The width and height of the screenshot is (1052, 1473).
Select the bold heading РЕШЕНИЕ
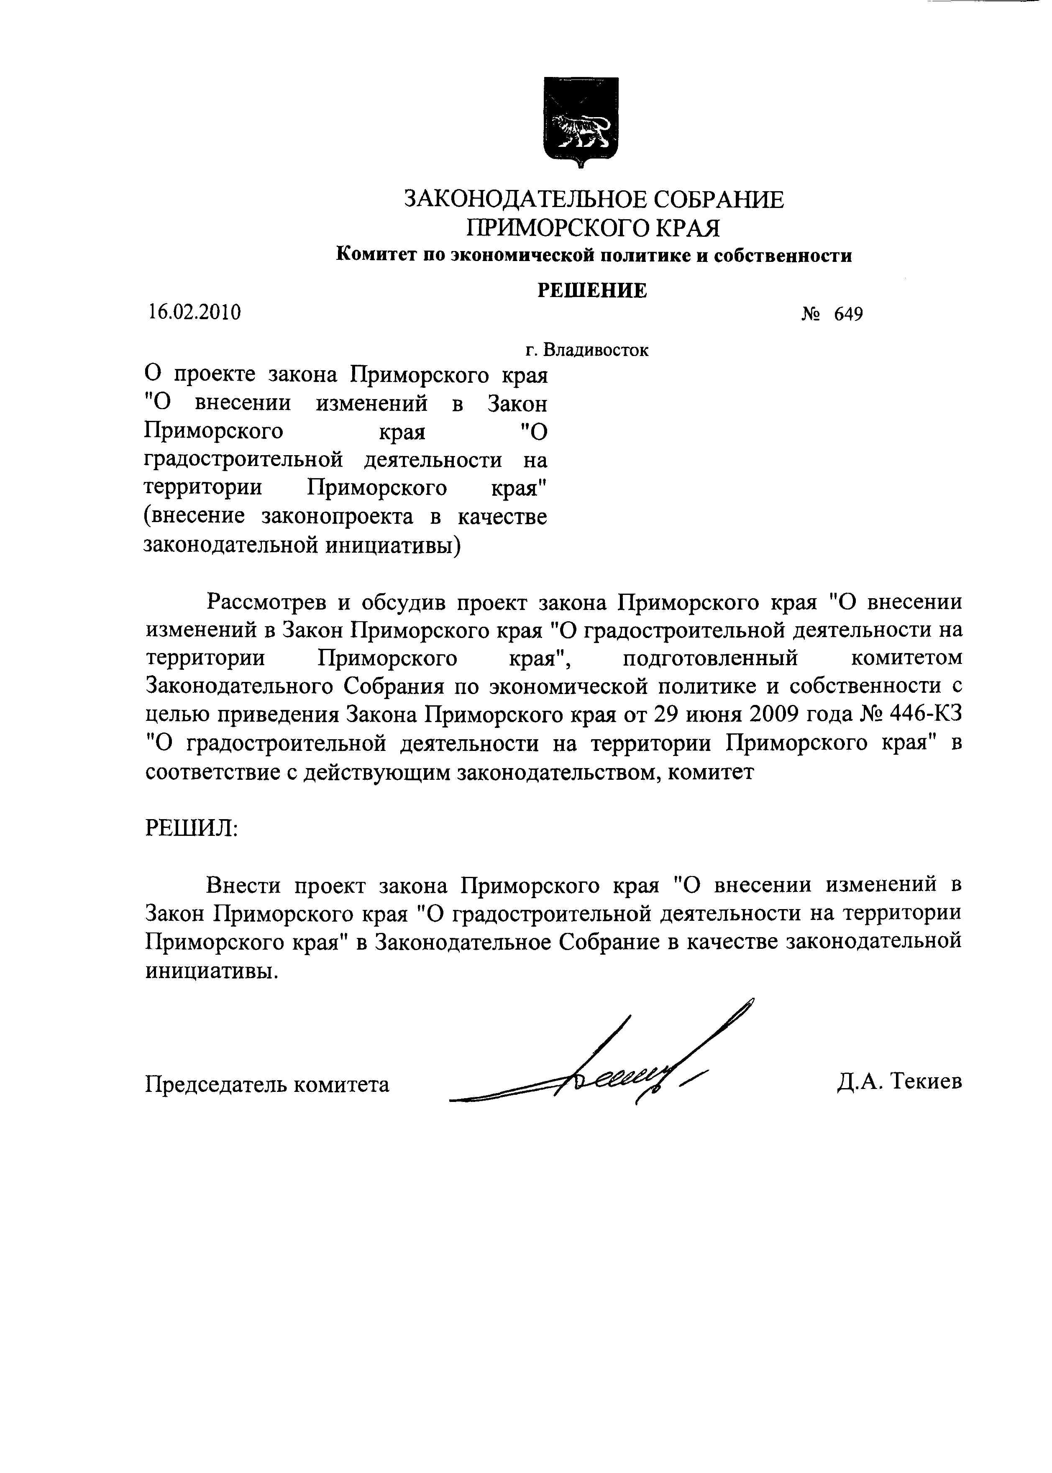pyautogui.click(x=592, y=290)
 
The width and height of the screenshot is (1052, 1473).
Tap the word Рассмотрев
pyautogui.click(x=266, y=602)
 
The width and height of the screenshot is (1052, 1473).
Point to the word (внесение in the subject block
pyautogui.click(x=195, y=517)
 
